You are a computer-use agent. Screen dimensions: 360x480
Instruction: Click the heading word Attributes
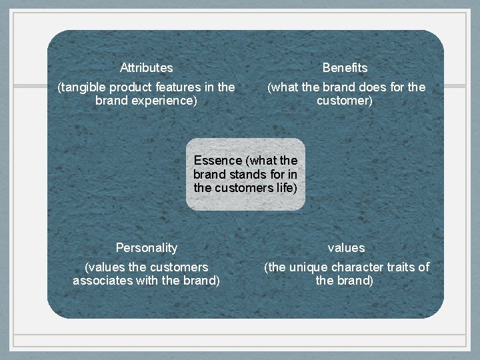tap(146, 67)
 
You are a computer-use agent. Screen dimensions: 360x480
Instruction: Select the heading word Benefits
tap(345, 67)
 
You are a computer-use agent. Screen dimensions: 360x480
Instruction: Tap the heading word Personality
tap(146, 247)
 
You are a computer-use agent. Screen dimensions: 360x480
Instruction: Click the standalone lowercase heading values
tap(346, 247)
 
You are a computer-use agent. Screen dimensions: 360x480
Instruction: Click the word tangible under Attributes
tap(83, 87)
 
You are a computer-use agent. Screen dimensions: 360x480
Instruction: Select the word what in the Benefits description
tap(285, 87)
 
